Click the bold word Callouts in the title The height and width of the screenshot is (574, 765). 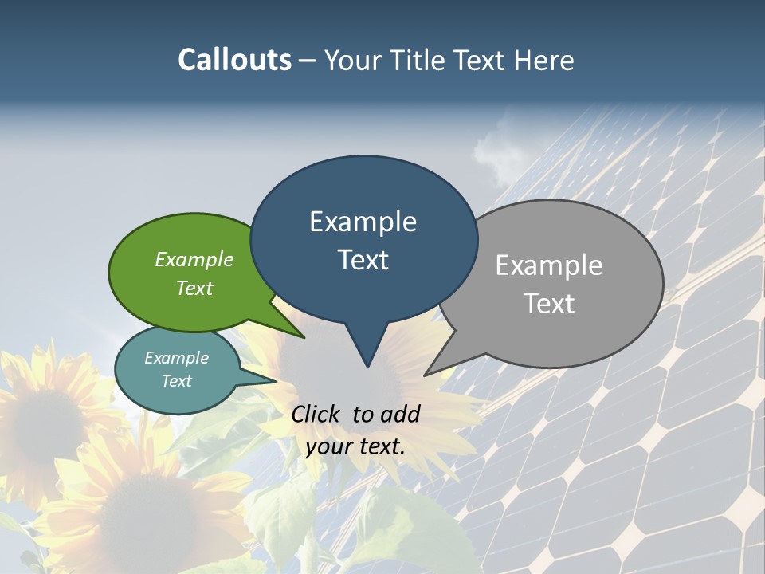pyautogui.click(x=234, y=60)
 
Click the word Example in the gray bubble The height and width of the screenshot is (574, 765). pyautogui.click(x=549, y=265)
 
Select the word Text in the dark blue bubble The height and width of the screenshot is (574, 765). pyautogui.click(x=363, y=260)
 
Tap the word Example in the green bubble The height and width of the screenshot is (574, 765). pyautogui.click(x=194, y=259)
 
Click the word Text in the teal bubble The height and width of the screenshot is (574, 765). pyautogui.click(x=177, y=381)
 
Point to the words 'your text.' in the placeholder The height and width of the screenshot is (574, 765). pyautogui.click(x=355, y=446)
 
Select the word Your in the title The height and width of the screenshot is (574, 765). pyautogui.click(x=354, y=60)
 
